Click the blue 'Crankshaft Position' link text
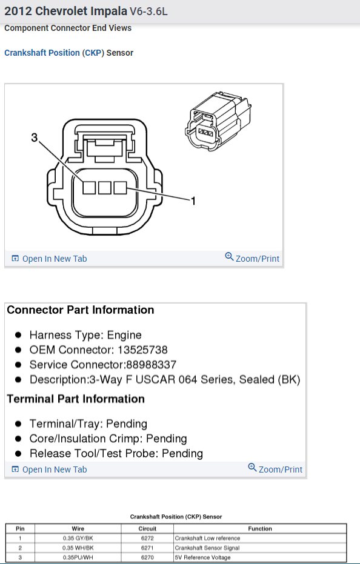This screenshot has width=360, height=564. (x=42, y=53)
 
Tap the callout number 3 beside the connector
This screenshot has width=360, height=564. (x=34, y=138)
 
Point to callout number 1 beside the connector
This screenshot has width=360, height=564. (x=193, y=201)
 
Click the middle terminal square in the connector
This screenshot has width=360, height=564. (x=105, y=188)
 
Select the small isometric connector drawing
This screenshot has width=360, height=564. (x=218, y=121)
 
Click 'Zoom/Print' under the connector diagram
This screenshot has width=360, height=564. (x=252, y=258)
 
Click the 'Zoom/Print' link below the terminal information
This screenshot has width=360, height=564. (x=275, y=469)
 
